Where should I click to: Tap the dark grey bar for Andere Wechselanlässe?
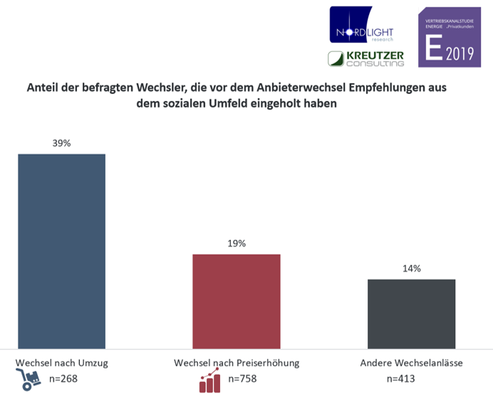[411, 313]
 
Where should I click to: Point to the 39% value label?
[61, 143]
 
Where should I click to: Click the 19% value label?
[237, 243]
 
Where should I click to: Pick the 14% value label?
[411, 269]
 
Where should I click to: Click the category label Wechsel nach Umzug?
[61, 363]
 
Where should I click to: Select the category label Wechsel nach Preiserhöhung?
[237, 363]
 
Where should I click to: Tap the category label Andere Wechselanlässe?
[411, 363]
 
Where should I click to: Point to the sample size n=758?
[242, 379]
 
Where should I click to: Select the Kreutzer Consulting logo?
[365, 58]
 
